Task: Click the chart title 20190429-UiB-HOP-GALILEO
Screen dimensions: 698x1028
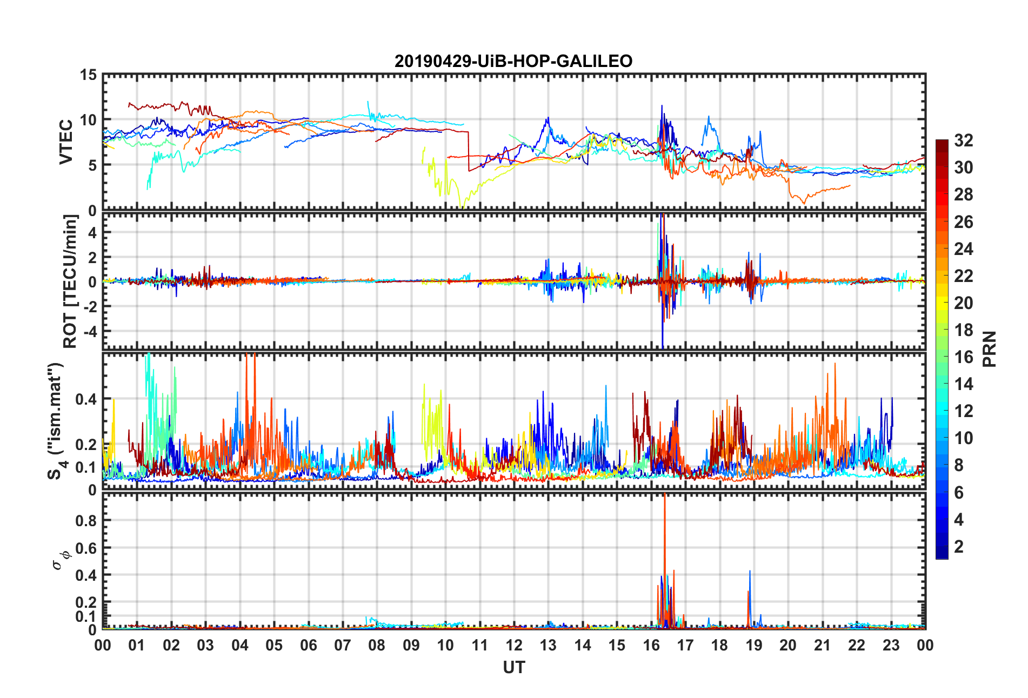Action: (513, 61)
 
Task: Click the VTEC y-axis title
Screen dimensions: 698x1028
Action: (66, 142)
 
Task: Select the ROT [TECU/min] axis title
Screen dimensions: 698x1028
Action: (70, 281)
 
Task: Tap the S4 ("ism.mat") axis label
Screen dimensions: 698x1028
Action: (56, 421)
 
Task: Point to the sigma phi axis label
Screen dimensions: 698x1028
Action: (60, 560)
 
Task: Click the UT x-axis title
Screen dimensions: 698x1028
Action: (513, 668)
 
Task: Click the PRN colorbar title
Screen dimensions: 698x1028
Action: (989, 349)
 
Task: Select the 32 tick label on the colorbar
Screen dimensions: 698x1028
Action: (963, 140)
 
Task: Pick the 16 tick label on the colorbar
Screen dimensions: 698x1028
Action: (963, 357)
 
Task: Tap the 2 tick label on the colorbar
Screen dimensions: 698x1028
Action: (959, 547)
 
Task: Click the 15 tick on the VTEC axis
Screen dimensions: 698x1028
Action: (88, 75)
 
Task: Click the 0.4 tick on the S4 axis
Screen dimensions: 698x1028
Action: (85, 399)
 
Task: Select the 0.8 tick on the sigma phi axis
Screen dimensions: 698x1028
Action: (85, 520)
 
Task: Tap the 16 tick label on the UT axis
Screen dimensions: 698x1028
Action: (651, 646)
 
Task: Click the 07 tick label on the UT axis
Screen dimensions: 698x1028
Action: (342, 646)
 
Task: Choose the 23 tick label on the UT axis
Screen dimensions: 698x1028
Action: (891, 646)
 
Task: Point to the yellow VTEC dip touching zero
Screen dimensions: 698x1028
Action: (461, 206)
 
